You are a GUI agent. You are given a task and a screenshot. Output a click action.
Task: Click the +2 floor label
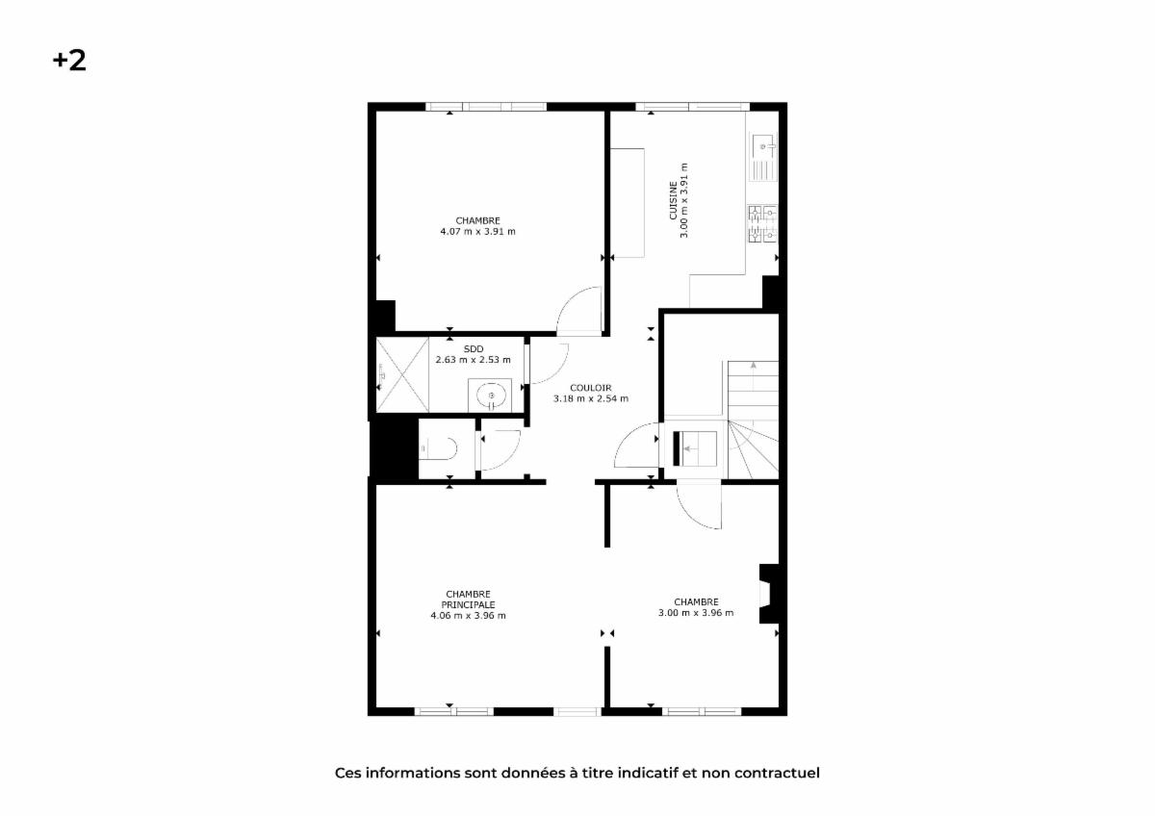coord(69,61)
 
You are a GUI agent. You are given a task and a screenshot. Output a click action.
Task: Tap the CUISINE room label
coord(673,200)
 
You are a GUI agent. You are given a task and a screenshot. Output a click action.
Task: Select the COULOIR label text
coord(590,388)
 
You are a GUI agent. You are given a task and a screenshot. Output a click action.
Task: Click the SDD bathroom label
coord(474,349)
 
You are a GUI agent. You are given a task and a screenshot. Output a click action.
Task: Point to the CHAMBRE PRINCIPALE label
coord(468,599)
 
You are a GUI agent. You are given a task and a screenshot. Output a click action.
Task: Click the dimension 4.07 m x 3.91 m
coord(478,232)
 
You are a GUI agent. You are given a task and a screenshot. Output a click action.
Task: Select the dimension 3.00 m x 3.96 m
coord(696,612)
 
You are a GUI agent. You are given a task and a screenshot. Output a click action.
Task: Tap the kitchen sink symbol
coord(763,157)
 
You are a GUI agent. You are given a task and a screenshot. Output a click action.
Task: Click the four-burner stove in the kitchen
coord(762,223)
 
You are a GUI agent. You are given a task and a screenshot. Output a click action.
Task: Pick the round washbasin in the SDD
coord(491,396)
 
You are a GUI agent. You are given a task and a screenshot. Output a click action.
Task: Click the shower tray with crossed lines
coord(402,374)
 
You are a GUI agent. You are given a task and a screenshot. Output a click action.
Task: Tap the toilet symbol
coord(438,448)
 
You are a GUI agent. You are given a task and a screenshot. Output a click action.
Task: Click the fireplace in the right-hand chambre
coord(769,594)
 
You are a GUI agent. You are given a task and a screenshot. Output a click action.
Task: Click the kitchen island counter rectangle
coord(628,203)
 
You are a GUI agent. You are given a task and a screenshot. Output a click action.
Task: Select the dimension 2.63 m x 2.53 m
coord(473,360)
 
